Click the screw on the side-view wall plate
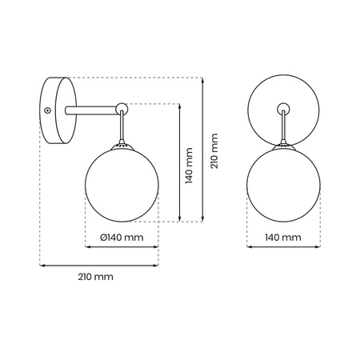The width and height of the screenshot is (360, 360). coord(48,110)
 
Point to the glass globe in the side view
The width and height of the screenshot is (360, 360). coord(121,183)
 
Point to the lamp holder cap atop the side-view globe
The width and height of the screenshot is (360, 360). coord(121,145)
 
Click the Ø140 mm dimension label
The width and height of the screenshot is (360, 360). coord(122,237)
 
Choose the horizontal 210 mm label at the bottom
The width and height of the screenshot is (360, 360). coord(96,277)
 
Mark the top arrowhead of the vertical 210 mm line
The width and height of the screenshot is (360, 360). coord(203,79)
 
